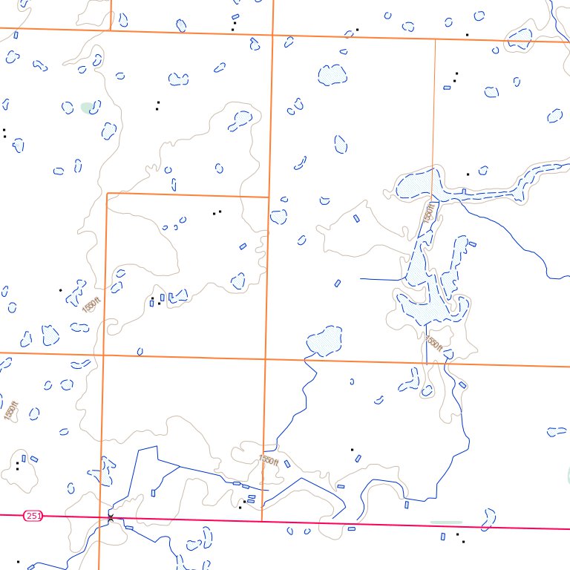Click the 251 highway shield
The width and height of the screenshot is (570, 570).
[32, 515]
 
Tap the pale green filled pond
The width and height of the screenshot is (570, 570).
[88, 107]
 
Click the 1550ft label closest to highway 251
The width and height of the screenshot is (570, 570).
[268, 461]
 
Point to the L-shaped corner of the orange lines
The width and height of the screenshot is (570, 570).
[108, 194]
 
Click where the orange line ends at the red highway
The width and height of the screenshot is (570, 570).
[263, 520]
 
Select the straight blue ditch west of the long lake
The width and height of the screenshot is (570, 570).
[380, 279]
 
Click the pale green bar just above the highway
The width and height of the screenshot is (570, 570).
[445, 522]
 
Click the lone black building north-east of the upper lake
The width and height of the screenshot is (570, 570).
[468, 174]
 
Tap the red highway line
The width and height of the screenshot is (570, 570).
[371, 524]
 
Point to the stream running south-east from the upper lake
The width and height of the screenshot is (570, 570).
[512, 237]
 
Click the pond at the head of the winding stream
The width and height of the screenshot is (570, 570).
[324, 341]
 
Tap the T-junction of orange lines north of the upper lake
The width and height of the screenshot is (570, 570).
[434, 39]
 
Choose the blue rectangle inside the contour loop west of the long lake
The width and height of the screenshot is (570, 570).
[356, 218]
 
